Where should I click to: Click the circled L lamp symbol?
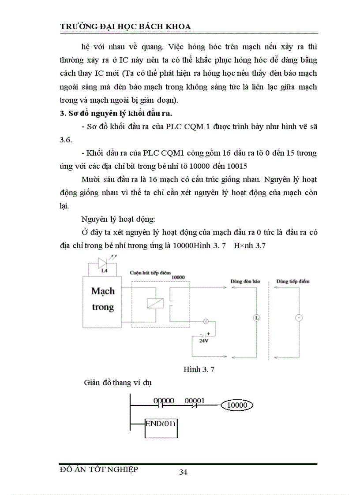[x=257, y=317]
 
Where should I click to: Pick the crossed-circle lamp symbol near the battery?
[x=205, y=321]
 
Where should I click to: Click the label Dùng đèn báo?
[x=245, y=281]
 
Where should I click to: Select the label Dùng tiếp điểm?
[x=292, y=281]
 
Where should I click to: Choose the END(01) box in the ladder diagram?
[x=161, y=424]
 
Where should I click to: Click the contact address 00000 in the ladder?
[x=164, y=401]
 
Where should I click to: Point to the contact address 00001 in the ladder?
[x=195, y=401]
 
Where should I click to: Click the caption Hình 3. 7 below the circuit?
[x=199, y=369]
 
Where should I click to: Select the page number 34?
[x=184, y=472]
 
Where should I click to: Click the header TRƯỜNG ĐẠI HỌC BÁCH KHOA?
[x=125, y=26]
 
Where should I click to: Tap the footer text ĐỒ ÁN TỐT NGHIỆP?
[x=99, y=469]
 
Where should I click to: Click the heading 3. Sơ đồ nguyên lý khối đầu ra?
[x=120, y=113]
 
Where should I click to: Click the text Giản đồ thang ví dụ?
[x=118, y=383]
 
